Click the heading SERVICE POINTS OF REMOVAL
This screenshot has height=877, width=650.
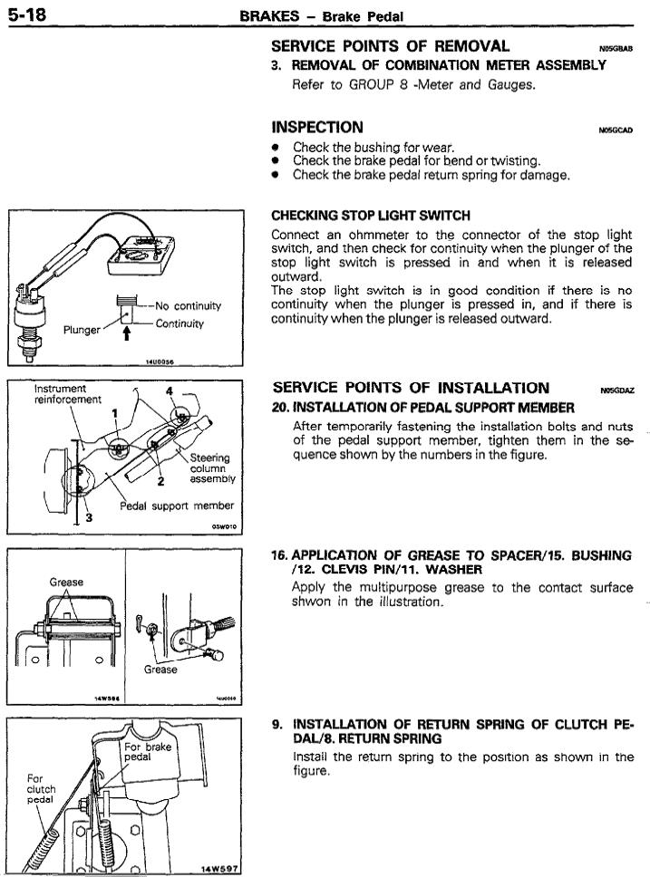point(390,46)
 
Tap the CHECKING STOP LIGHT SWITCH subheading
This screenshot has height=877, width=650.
point(371,215)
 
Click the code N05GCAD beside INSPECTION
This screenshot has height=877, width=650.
point(616,130)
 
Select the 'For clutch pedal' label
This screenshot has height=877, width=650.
point(41,788)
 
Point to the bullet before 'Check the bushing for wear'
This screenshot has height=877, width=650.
point(276,147)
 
